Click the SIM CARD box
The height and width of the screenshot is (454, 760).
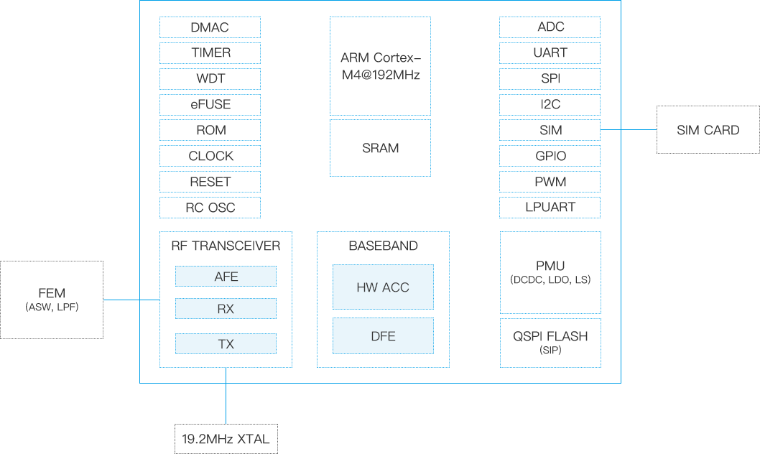[x=708, y=130]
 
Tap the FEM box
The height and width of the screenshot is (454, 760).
[x=52, y=300]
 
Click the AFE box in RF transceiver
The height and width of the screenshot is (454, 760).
[x=226, y=277]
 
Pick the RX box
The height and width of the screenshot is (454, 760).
[x=226, y=309]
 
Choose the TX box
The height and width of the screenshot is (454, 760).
[x=226, y=344]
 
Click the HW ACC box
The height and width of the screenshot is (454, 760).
[x=382, y=287]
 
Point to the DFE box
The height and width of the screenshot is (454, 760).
[x=382, y=335]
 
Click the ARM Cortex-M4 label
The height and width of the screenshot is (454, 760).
[x=380, y=66]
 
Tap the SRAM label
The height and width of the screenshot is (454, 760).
[x=380, y=149]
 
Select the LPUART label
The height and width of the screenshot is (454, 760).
[x=550, y=208]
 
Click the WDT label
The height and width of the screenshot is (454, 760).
[x=210, y=78]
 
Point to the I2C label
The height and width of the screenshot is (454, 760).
[x=550, y=104]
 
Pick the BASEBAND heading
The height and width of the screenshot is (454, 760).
[x=383, y=246]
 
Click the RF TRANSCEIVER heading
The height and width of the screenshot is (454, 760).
[x=226, y=246]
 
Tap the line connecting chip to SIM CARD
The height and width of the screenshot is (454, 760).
[x=639, y=130]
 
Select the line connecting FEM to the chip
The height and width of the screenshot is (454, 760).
[x=121, y=300]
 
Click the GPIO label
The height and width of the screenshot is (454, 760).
[x=550, y=156]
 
